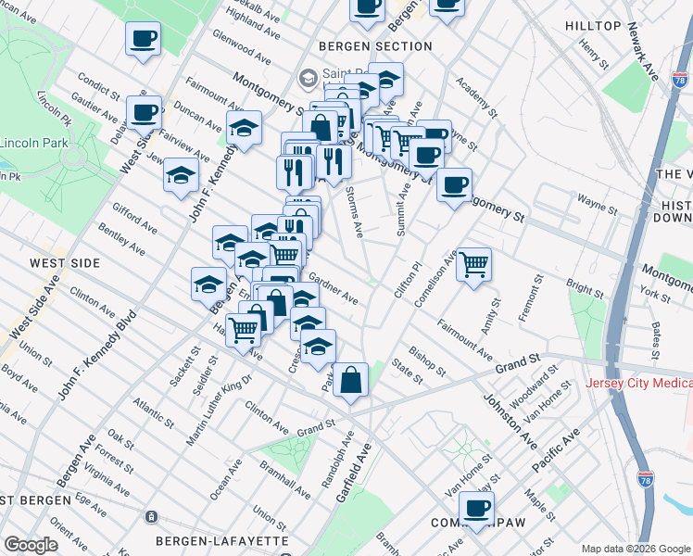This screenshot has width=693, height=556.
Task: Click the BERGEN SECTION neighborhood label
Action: (374, 45)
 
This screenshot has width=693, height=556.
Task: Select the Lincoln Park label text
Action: (33, 144)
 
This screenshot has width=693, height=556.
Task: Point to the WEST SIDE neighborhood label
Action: (64, 263)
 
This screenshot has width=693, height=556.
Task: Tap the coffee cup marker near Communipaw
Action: (476, 509)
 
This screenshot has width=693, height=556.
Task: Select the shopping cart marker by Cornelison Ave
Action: (473, 264)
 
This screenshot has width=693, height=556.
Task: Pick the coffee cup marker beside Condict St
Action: (144, 112)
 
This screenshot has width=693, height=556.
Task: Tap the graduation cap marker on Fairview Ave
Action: (182, 174)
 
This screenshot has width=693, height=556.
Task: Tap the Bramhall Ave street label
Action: (285, 484)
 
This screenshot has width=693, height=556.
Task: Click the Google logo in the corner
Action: (31, 545)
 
